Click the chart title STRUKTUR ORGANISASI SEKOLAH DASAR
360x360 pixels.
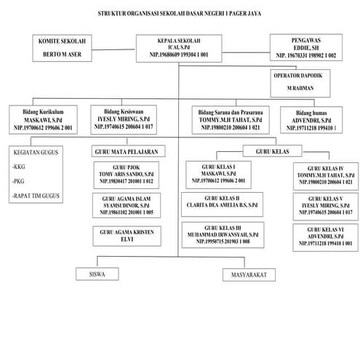(180, 14)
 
